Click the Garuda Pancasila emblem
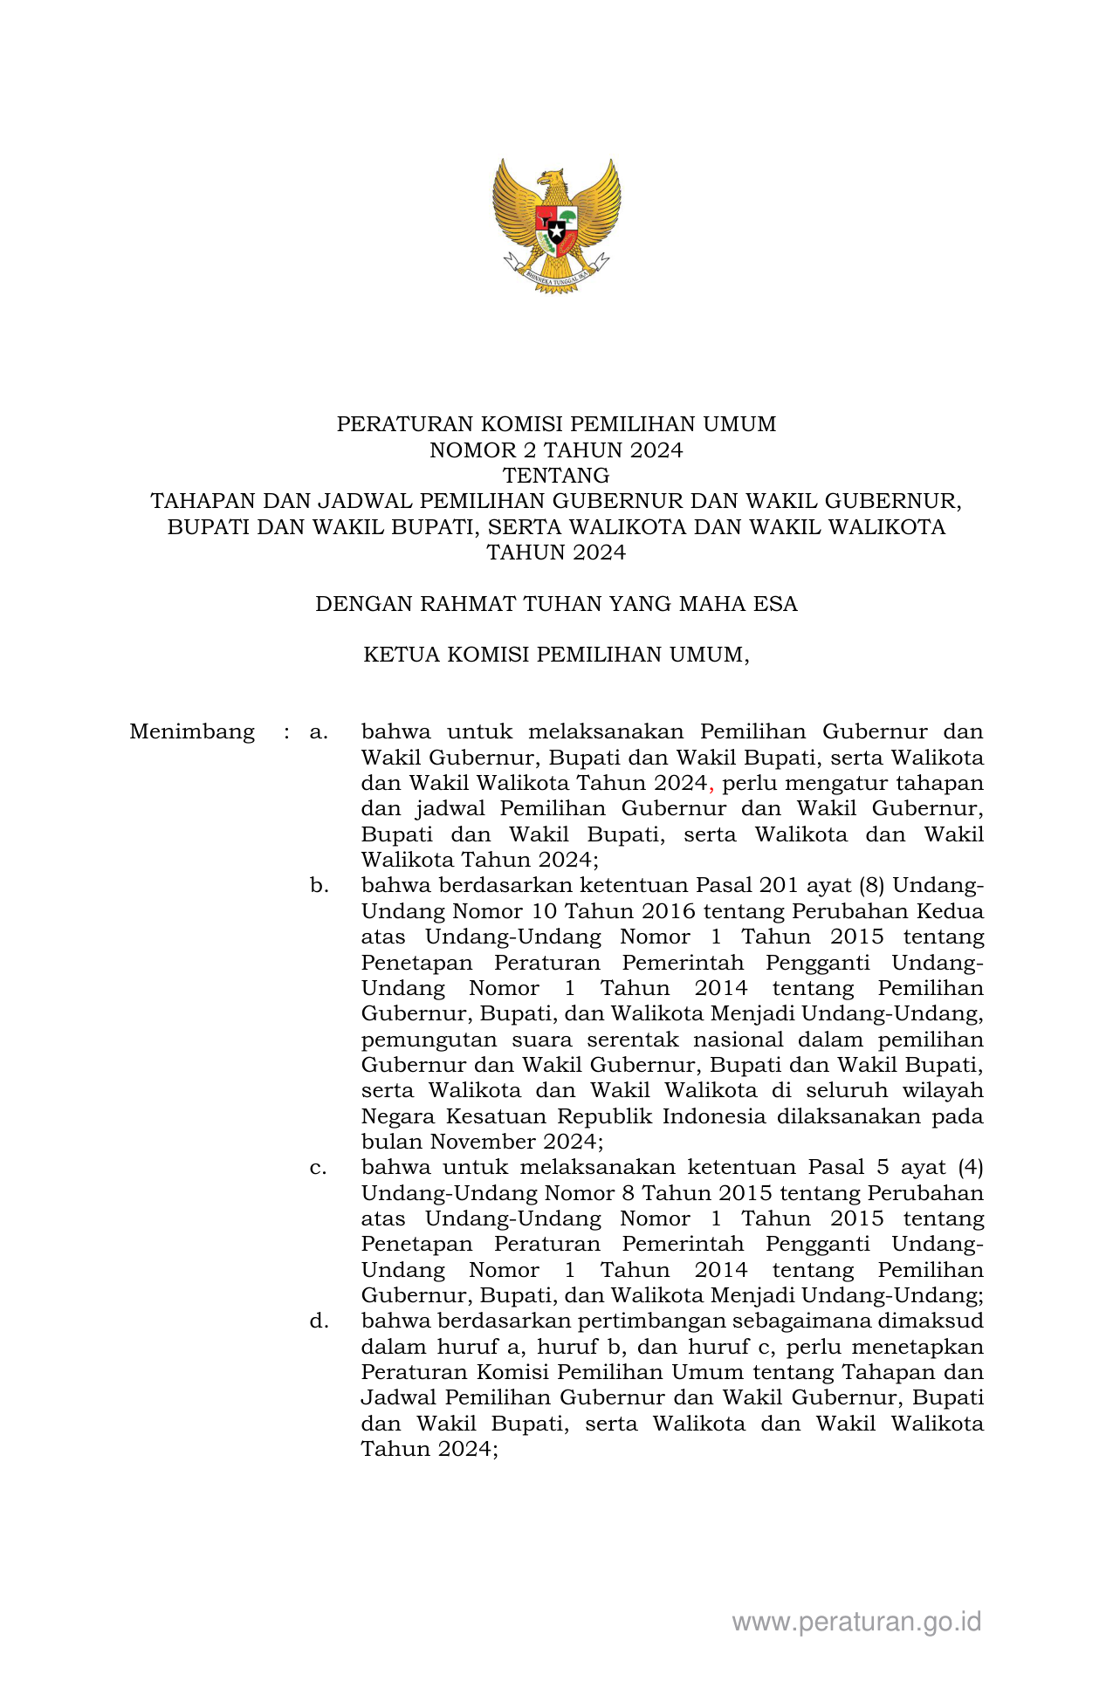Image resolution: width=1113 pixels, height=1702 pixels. [556, 225]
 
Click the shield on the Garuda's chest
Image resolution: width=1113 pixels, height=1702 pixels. [556, 229]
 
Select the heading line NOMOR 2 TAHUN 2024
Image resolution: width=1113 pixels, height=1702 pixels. [556, 450]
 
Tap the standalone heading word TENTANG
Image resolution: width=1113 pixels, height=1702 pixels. [556, 476]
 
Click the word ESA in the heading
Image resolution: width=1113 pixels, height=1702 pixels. [776, 604]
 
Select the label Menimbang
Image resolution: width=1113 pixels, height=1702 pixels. [192, 731]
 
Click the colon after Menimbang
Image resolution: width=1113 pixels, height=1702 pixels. [286, 731]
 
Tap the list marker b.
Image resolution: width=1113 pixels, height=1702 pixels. [319, 886]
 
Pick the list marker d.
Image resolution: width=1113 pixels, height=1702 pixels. [319, 1321]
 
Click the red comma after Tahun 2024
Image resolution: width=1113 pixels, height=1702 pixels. [711, 786]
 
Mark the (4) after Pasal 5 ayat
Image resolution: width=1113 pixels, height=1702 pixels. [970, 1168]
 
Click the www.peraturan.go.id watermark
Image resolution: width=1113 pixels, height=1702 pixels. [856, 1622]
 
